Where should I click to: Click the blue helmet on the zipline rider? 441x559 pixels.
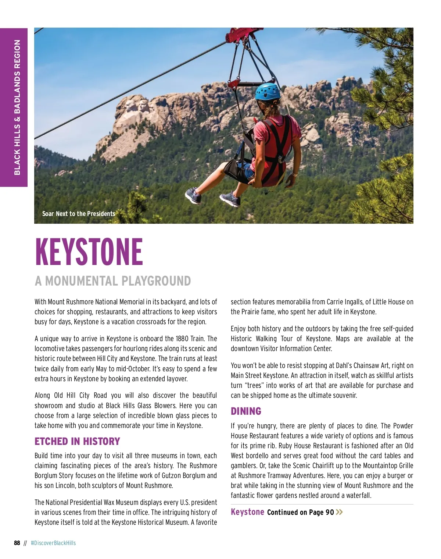(x=268, y=92)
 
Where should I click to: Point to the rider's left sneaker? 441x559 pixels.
(x=193, y=195)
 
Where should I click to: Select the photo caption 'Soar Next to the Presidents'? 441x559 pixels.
(x=79, y=214)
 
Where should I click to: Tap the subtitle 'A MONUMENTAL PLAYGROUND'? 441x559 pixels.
(x=113, y=281)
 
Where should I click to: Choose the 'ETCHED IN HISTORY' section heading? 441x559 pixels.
(x=77, y=441)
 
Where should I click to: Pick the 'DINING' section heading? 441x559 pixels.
(x=246, y=411)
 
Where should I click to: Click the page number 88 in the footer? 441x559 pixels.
(x=17, y=543)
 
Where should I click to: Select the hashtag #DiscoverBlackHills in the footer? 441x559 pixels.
(x=53, y=543)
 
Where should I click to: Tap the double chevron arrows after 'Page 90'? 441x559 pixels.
(x=339, y=512)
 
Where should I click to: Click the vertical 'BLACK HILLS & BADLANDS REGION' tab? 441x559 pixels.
(x=17, y=107)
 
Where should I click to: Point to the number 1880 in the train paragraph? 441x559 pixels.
(x=182, y=339)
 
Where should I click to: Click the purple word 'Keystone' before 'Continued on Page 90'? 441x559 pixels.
(x=247, y=512)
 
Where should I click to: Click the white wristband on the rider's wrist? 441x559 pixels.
(x=295, y=174)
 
